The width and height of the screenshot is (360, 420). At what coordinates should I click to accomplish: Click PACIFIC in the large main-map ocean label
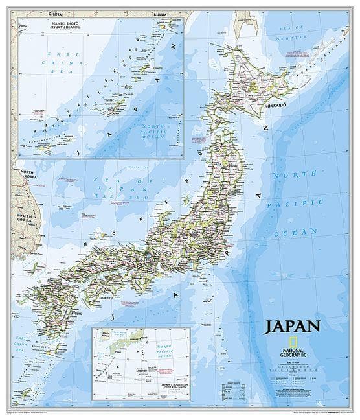(298, 203)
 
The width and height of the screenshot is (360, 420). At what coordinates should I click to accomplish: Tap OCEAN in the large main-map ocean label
(295, 231)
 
